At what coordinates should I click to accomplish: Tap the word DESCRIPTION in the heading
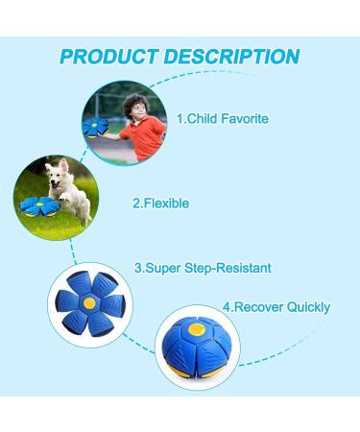point(230,56)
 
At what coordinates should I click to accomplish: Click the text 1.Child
point(195,119)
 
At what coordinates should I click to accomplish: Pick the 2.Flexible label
point(160,204)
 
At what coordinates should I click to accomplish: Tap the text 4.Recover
point(251,307)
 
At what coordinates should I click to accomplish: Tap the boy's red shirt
point(139,132)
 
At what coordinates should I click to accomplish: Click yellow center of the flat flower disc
point(88,301)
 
